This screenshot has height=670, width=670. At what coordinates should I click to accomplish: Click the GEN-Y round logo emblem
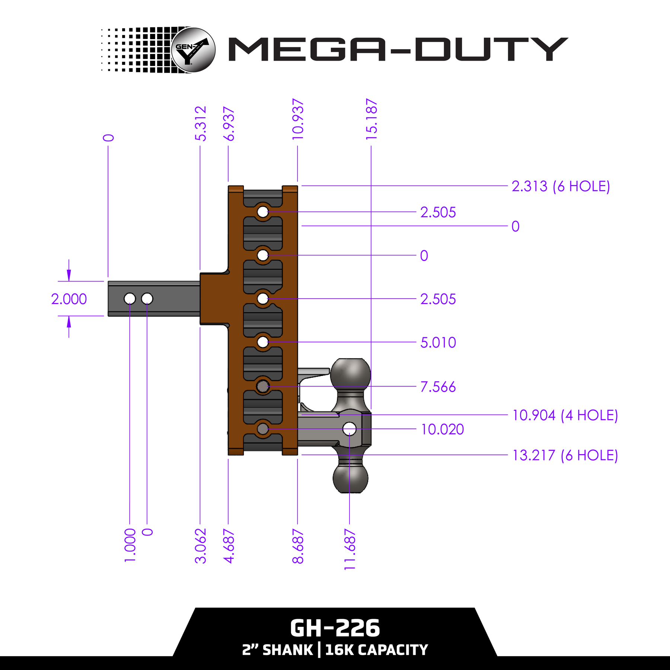[194, 50]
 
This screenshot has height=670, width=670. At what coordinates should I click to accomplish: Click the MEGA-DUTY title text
[398, 49]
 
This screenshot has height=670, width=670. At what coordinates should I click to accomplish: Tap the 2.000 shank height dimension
[69, 299]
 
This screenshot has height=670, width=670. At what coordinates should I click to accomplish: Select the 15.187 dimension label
[371, 119]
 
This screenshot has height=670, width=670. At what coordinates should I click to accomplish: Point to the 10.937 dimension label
[298, 119]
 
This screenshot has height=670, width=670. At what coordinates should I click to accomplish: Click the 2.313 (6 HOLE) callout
[561, 186]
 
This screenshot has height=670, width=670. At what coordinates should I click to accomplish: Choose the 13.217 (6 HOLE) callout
[565, 455]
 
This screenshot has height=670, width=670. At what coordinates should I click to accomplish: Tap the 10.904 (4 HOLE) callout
[565, 415]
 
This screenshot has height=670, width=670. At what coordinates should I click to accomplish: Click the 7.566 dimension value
[438, 387]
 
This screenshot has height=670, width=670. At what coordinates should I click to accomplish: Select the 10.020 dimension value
[443, 430]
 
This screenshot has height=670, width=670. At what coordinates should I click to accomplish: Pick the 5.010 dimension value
[438, 342]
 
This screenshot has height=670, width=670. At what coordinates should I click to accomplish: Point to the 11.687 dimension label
[350, 549]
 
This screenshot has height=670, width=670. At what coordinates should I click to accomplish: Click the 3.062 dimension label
[201, 546]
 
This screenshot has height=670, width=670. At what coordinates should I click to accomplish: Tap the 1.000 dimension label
[130, 545]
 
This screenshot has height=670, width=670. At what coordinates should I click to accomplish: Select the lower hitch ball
[350, 478]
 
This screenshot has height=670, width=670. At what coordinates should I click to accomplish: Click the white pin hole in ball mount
[350, 429]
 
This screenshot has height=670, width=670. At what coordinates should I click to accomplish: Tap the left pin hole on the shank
[130, 299]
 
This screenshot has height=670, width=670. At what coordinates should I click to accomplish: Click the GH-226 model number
[335, 629]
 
